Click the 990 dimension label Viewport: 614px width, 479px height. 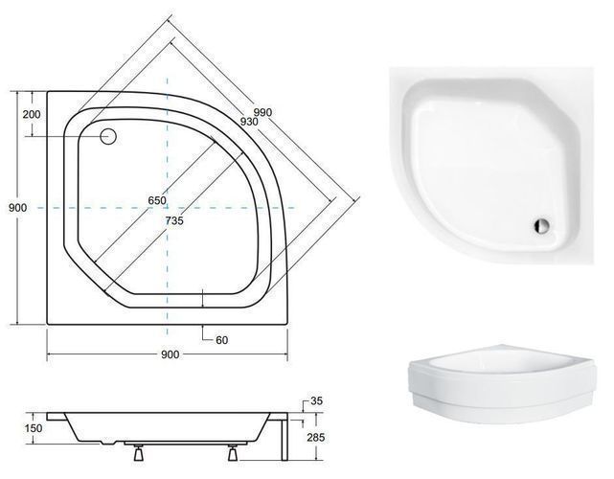click(262, 113)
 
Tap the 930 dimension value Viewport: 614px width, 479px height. click(249, 122)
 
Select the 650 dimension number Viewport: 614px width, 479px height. click(157, 200)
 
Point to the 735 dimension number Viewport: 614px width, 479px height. click(174, 221)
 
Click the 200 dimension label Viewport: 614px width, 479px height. click(32, 114)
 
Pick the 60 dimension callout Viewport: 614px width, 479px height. click(221, 340)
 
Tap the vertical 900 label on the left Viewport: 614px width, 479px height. click(18, 208)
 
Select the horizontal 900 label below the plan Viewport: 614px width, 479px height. click(170, 354)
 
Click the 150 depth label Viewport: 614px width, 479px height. click(34, 428)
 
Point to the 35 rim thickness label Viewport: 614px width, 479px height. click(316, 400)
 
